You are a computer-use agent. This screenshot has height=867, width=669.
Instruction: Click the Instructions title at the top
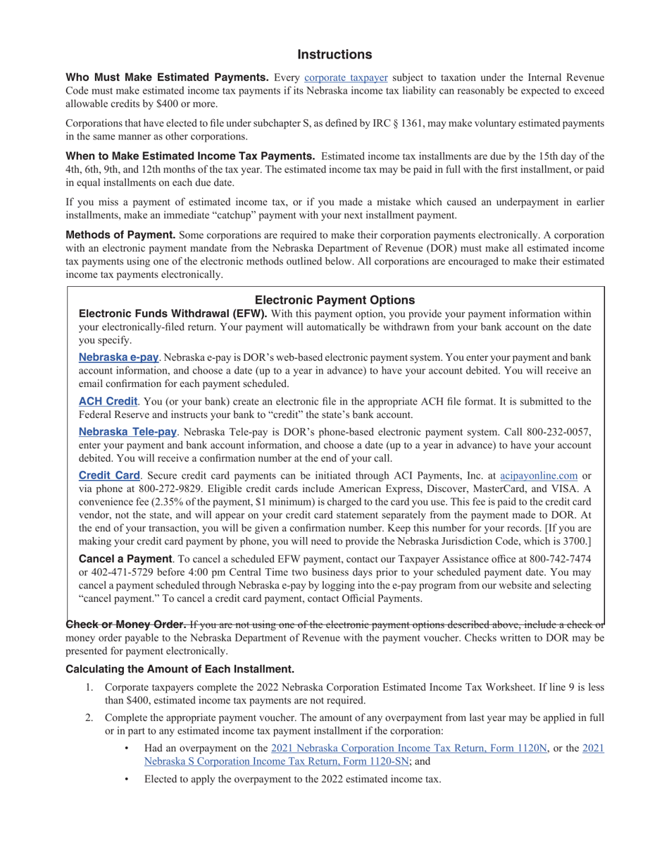(x=334, y=54)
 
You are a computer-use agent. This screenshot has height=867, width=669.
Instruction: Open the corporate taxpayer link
(x=346, y=78)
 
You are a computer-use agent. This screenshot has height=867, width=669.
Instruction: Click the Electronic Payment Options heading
(x=334, y=300)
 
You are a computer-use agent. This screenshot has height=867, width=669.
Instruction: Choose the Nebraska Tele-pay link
(x=127, y=431)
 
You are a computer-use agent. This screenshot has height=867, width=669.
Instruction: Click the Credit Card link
(x=109, y=476)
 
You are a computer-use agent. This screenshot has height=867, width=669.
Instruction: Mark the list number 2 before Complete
(x=89, y=718)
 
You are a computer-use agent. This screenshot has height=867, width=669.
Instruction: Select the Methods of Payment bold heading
(x=120, y=234)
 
